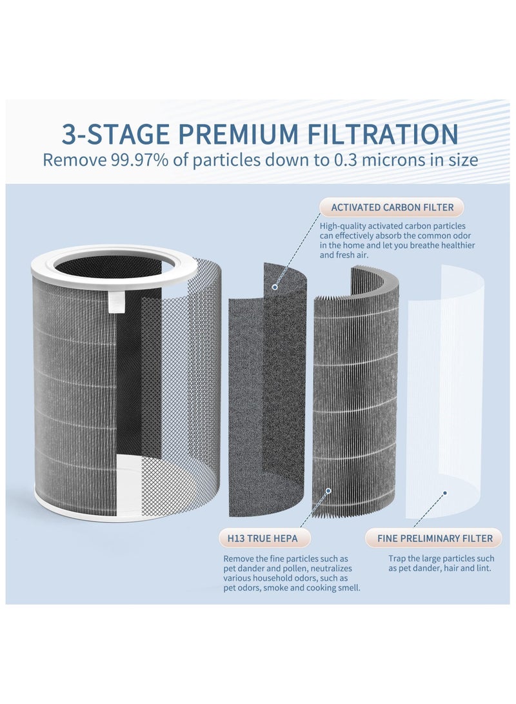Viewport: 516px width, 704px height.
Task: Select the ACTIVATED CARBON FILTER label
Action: (392, 208)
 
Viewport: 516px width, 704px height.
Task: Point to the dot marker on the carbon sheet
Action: (275, 286)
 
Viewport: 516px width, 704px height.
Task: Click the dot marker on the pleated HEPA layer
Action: (328, 491)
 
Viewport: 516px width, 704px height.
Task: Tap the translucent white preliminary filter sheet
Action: (445, 387)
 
